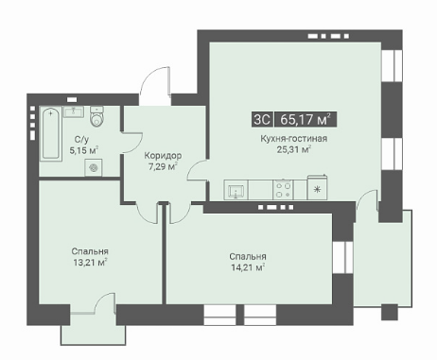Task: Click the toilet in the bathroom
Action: (x=97, y=116)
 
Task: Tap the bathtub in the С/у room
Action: (x=50, y=133)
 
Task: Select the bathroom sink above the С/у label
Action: (x=74, y=111)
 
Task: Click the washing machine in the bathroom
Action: (x=94, y=167)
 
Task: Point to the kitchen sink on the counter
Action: (x=236, y=190)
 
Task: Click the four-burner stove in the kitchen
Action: (x=283, y=190)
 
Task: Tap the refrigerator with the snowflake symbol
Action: (x=317, y=188)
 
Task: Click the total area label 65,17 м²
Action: (x=306, y=120)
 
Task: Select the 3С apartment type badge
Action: (x=262, y=120)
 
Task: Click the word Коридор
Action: (x=163, y=156)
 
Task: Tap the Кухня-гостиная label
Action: (x=293, y=139)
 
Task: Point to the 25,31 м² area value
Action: (x=294, y=149)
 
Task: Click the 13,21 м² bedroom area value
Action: (x=90, y=262)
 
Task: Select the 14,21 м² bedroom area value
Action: (x=248, y=267)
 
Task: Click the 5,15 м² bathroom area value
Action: (x=84, y=150)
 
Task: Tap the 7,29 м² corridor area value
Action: (x=163, y=166)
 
